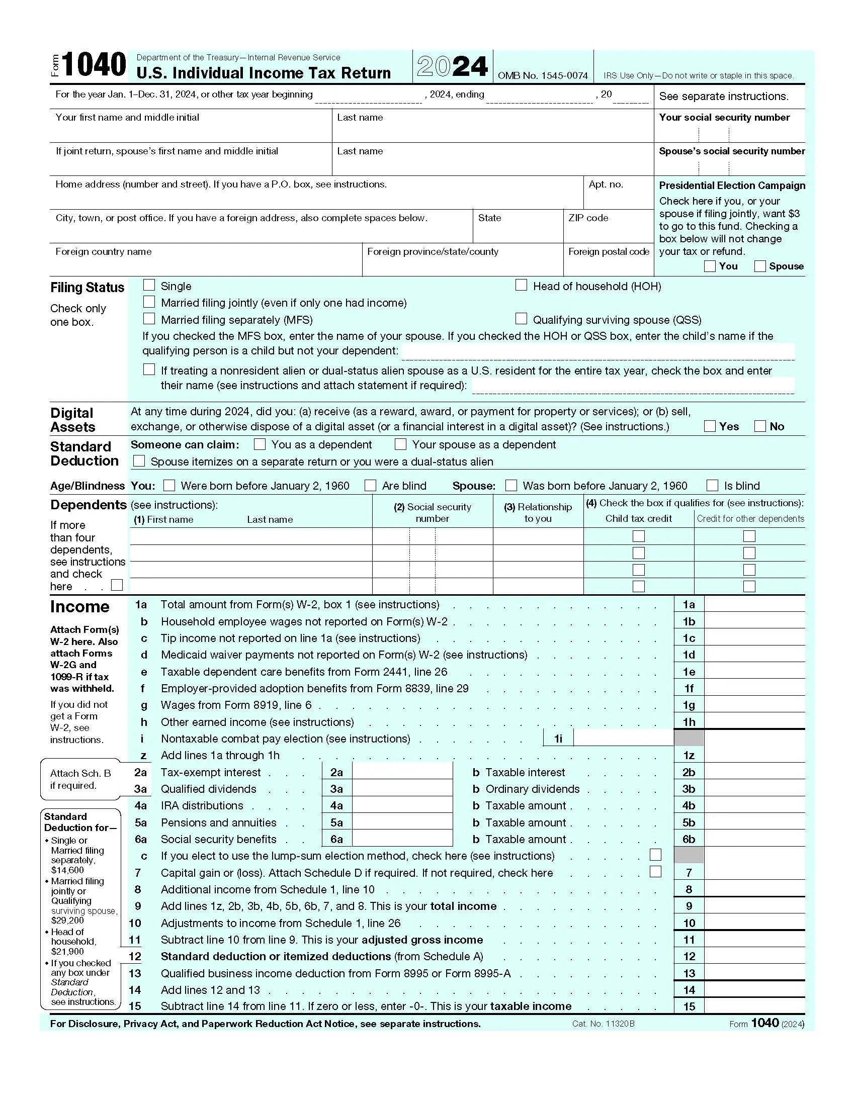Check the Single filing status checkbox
(149, 285)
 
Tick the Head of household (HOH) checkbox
(521, 285)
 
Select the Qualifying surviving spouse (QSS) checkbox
(521, 319)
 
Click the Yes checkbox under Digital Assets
(710, 426)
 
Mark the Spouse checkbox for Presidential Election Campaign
(760, 266)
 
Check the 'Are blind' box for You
(371, 485)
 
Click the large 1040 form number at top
(94, 65)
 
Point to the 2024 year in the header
(452, 66)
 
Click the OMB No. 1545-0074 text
(543, 75)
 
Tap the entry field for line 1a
(754, 604)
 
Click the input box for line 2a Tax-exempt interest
(402, 772)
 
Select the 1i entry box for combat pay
(623, 739)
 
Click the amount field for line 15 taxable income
(754, 1006)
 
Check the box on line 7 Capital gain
(655, 872)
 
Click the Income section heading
(80, 606)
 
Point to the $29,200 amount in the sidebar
(67, 920)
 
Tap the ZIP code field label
(588, 218)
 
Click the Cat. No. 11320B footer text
(603, 1024)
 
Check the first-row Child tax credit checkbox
(639, 536)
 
